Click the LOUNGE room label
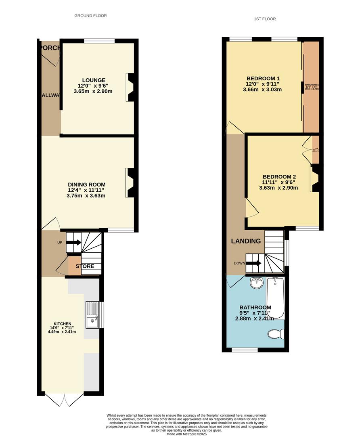[93, 80]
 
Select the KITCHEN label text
[61, 324]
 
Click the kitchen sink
[92, 315]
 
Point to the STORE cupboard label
[85, 266]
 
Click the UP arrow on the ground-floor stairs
[73, 243]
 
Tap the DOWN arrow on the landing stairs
[253, 263]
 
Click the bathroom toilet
[276, 334]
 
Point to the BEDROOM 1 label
[263, 78]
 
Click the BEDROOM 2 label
[279, 177]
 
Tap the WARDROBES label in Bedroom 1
[312, 85]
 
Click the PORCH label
[50, 48]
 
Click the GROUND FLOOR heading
[90, 16]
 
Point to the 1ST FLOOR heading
[265, 19]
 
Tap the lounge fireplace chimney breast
[130, 86]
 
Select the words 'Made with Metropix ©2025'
[186, 434]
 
